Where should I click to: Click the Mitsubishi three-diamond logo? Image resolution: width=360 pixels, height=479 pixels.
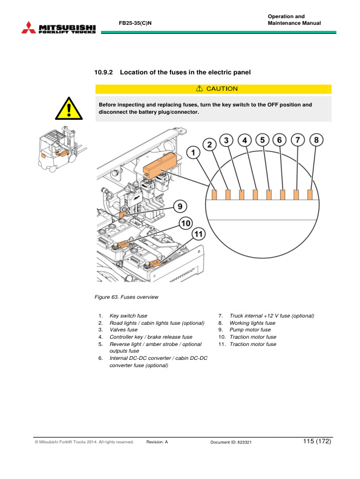[28, 27]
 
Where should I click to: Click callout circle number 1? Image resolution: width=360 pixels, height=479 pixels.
[193, 152]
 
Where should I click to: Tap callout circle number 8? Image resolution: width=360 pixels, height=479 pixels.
[316, 140]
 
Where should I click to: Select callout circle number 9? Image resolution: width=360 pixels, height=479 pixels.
[180, 206]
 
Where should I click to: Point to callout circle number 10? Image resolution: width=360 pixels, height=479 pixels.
[186, 223]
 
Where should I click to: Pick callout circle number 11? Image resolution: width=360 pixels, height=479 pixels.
[198, 234]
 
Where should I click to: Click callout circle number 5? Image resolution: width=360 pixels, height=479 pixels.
[262, 140]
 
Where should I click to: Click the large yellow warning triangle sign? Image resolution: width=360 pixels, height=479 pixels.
[69, 109]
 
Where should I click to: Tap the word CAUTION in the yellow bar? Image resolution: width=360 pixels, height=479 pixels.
[222, 88]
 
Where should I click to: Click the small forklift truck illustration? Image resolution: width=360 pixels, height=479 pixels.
[61, 148]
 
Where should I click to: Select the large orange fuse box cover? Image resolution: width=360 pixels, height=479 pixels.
[160, 165]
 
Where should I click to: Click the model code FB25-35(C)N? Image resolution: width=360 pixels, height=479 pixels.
[135, 23]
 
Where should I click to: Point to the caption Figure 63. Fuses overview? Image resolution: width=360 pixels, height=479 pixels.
[126, 297]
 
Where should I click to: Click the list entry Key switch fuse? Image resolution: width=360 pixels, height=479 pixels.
[128, 316]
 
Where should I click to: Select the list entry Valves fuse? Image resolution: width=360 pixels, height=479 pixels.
[123, 330]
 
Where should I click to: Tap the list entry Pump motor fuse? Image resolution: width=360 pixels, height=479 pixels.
[250, 330]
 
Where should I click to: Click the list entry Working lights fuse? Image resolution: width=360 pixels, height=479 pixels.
[252, 323]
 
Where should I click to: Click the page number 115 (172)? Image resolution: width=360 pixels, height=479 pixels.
[317, 441]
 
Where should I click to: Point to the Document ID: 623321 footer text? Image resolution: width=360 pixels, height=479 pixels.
[231, 442]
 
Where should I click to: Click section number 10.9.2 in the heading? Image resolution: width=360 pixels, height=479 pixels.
[103, 73]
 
